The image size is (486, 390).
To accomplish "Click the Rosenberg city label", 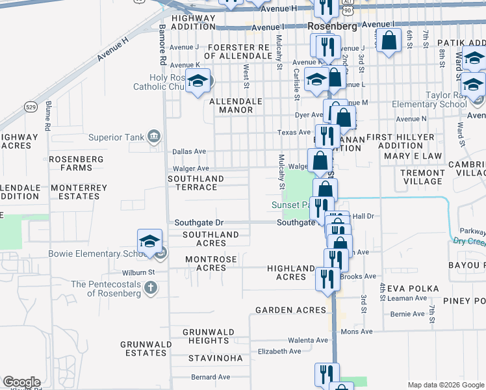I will (x=332, y=27).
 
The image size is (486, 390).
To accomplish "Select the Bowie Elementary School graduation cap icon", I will (x=149, y=242).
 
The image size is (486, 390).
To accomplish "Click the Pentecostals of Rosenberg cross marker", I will (x=150, y=287).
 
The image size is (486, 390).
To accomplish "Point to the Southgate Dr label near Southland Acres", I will (x=198, y=222).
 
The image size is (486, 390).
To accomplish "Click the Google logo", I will (x=21, y=382).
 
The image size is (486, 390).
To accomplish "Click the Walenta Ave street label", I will (x=309, y=340).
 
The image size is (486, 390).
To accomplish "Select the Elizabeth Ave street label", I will (x=279, y=351).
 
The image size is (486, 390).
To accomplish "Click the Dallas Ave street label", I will (x=189, y=151).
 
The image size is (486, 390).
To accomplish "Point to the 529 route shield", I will (x=31, y=106).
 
